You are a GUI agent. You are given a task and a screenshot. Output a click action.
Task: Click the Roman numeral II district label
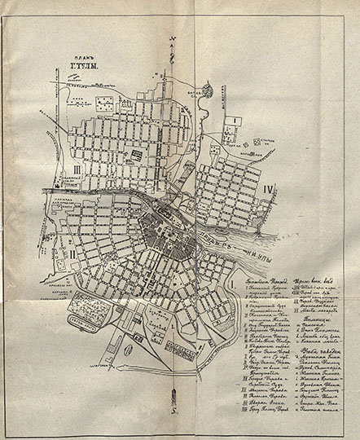[50, 252]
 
